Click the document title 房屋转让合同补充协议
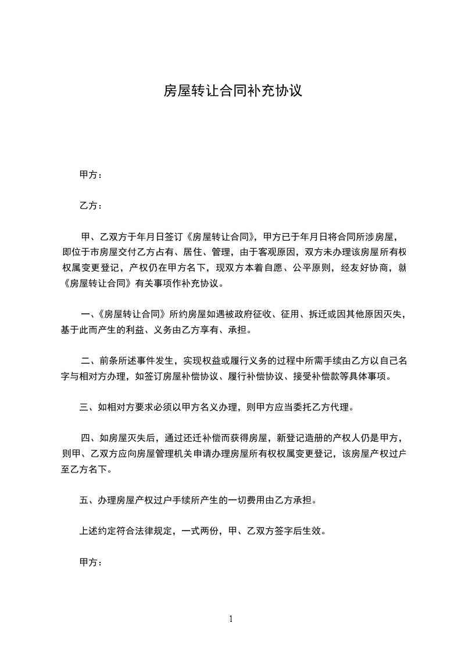tap(233, 91)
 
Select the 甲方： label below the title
tap(91, 174)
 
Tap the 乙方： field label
tap(91, 206)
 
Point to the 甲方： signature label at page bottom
tap(91, 563)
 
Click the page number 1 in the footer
tap(231, 619)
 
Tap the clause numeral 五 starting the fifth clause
tap(84, 500)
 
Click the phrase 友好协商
tap(362, 268)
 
